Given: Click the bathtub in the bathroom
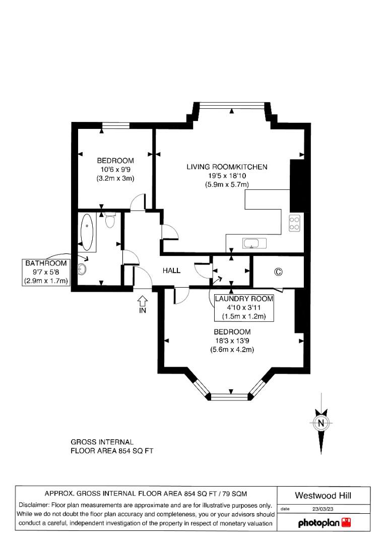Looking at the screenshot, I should pos(87,232).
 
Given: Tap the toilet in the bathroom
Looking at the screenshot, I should pos(110,220).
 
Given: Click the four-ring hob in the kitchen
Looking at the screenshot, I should pos(294,223).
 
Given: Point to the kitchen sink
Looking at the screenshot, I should pos(251,244).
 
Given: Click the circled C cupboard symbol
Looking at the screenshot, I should pos(278,272).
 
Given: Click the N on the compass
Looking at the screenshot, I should pos(320,423).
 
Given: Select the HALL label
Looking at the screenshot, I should pos(171,270).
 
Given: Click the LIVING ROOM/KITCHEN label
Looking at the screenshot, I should pos(227,167).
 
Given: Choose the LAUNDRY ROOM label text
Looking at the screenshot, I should pos(244,299).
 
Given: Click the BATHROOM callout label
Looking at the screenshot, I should pos(46,263).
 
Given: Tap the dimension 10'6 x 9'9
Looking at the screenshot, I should pos(115,170).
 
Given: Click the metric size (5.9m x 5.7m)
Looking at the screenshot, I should pos(227,185).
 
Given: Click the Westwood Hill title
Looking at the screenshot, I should pos(324,496).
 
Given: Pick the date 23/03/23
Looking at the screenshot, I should pos(323,509).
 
